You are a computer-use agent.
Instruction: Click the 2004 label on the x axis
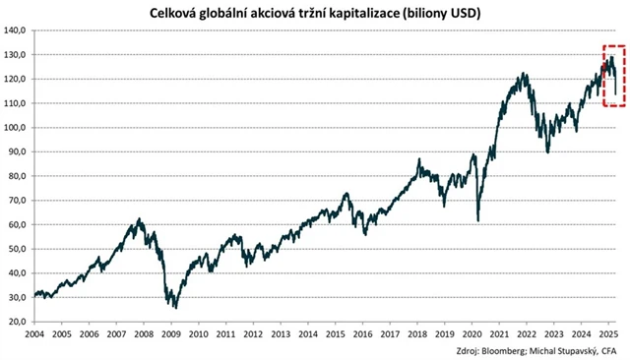(33, 334)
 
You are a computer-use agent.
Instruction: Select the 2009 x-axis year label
(171, 334)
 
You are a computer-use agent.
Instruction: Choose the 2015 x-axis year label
(338, 334)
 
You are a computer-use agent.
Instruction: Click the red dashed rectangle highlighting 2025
(614, 76)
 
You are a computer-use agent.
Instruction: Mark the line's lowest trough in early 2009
(175, 307)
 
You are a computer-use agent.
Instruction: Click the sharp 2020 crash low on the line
(478, 220)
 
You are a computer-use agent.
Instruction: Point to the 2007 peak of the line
(140, 219)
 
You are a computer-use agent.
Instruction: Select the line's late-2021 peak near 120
(524, 74)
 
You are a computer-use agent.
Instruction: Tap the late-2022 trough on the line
(547, 150)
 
